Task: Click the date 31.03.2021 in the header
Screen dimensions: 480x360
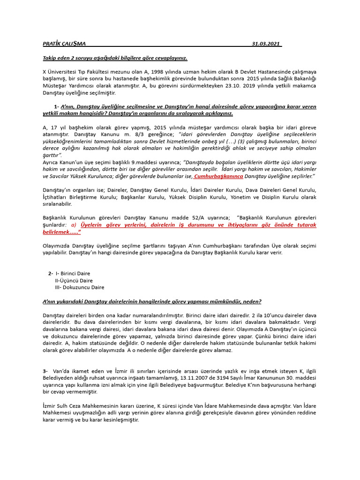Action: click(x=266, y=44)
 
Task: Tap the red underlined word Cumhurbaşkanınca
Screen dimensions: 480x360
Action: click(x=218, y=176)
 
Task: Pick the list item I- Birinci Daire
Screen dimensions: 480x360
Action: click(x=73, y=273)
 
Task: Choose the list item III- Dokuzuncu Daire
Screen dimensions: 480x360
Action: click(x=79, y=287)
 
